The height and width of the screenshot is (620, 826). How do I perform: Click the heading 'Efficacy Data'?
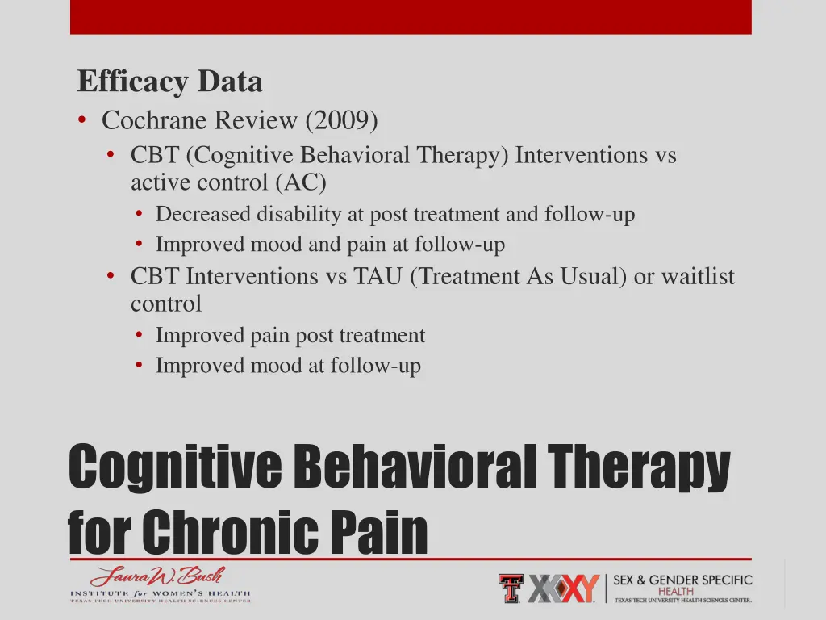coord(169,82)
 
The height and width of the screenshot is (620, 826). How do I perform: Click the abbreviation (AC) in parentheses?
coord(301,182)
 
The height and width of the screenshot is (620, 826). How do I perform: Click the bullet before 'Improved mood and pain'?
coord(140,244)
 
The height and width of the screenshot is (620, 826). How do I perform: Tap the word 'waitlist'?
coord(698,276)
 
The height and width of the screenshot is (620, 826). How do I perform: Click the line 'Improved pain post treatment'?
coord(290,335)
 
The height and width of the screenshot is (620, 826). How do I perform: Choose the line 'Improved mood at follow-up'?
coord(288,366)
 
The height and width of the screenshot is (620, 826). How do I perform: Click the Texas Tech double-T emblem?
coord(510,588)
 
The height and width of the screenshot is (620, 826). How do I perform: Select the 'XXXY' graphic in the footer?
coord(564,589)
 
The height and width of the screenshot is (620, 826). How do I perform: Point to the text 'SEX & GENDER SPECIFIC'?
coord(682,580)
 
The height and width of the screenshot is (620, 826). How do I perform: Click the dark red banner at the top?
coord(411,17)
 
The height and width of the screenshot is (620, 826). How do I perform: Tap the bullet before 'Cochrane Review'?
coord(83,120)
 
